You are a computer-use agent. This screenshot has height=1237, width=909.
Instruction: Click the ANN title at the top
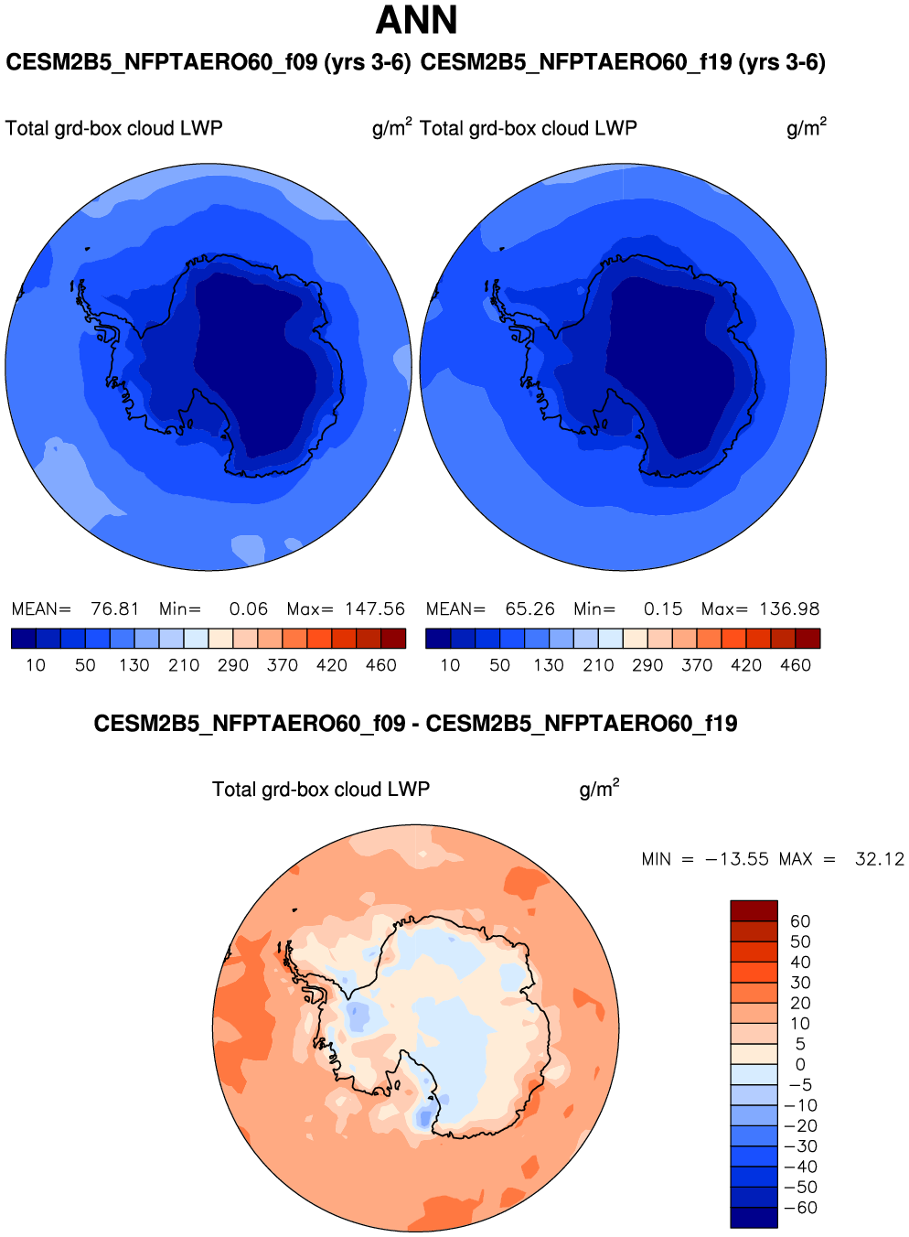416,20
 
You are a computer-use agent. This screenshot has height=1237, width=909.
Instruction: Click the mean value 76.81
115,608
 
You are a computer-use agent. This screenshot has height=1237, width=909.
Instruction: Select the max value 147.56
375,608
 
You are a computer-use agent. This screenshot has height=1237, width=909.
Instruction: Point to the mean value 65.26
530,608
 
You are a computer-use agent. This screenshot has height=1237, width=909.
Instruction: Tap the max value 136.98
789,608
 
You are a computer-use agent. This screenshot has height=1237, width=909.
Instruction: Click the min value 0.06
249,608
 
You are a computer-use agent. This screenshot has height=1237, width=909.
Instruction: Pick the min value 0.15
663,608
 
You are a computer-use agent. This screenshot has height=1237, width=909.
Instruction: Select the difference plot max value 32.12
880,859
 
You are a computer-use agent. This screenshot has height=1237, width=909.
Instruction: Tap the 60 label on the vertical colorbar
800,921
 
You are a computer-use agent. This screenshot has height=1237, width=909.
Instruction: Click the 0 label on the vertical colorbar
800,1065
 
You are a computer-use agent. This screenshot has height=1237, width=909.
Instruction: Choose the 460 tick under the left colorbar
381,665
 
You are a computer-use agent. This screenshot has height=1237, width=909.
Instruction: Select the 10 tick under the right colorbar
450,665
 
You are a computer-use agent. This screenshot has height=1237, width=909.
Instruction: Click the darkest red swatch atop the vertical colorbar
754,910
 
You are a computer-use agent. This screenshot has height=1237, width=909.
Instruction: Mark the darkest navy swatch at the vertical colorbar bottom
754,1218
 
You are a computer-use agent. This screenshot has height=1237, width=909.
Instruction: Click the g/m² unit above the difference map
599,789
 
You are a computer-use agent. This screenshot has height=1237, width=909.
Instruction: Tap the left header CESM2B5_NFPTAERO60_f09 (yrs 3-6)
209,62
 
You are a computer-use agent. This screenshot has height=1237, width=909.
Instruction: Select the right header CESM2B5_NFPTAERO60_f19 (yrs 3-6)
623,62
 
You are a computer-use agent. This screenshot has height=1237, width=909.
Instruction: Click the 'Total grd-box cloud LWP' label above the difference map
321,790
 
